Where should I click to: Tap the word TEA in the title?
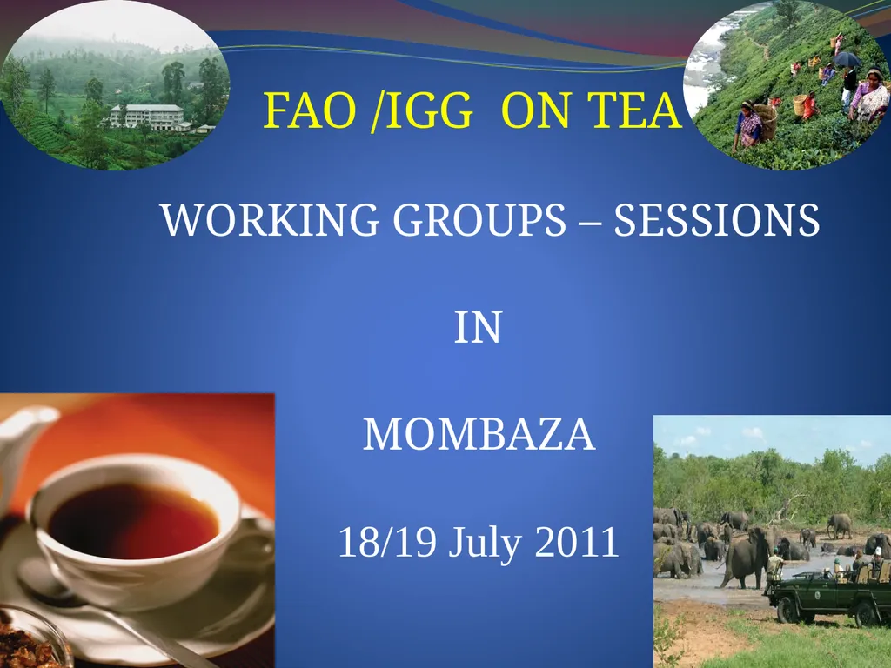click(x=634, y=110)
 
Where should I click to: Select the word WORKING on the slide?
click(x=270, y=220)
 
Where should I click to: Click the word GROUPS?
click(x=479, y=220)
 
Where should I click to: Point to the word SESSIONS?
click(x=717, y=220)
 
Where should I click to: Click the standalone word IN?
click(x=478, y=327)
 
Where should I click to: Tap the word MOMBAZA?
click(x=479, y=435)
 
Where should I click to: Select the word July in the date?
click(x=484, y=543)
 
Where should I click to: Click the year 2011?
click(x=577, y=542)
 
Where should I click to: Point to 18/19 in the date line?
click(x=387, y=542)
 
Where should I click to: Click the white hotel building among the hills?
click(x=147, y=117)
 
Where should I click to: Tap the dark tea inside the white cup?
click(x=134, y=522)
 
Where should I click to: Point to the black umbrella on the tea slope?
click(x=847, y=59)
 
